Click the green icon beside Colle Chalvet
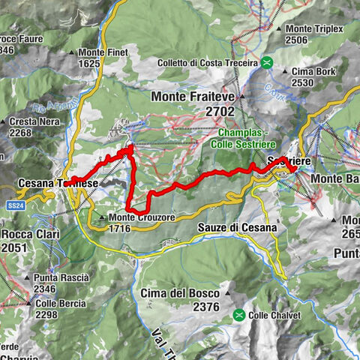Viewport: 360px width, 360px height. click(x=238, y=315)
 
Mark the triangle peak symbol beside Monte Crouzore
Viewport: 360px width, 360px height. click(x=103, y=217)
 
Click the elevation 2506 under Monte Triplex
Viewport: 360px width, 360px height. click(x=297, y=40)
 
